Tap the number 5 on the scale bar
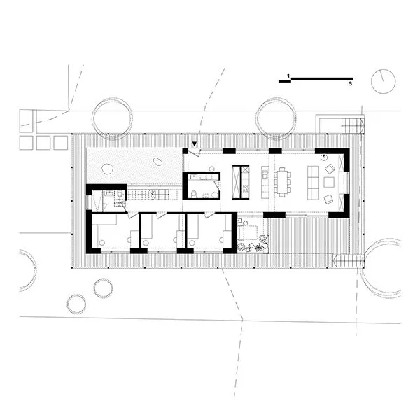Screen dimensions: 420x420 350,83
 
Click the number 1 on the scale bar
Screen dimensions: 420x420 288,74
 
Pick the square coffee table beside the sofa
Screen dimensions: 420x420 329,183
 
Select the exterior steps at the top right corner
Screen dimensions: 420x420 353,127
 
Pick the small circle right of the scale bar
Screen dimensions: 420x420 383,81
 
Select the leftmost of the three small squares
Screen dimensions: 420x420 26,142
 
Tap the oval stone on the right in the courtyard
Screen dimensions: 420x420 158,162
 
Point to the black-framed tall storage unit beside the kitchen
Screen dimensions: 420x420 241,181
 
